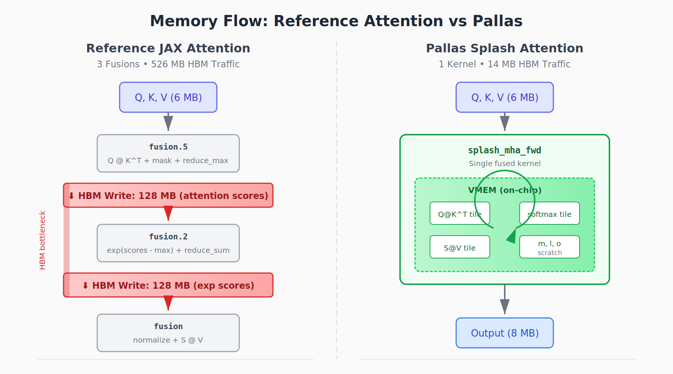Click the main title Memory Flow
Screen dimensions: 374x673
(336, 21)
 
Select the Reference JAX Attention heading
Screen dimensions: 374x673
(168, 48)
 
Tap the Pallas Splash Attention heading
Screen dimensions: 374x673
(504, 48)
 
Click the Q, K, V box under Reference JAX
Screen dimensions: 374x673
(168, 97)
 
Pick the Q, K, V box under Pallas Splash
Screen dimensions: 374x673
(504, 97)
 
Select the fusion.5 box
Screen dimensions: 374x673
(168, 153)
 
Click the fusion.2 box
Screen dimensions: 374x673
(168, 243)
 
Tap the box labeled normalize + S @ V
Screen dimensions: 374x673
(168, 333)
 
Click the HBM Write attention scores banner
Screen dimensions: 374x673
(168, 195)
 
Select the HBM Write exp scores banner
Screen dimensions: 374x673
(168, 285)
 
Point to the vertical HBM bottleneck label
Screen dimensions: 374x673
(42, 240)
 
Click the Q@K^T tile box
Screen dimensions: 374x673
(460, 213)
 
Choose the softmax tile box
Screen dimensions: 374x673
(549, 213)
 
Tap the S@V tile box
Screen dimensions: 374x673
(460, 247)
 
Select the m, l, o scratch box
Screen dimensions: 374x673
(549, 247)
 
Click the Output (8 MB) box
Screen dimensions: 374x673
(504, 333)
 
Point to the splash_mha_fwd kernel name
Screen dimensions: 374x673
(504, 150)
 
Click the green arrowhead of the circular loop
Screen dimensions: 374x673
(512, 236)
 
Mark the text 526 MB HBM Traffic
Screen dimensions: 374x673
(195, 64)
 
